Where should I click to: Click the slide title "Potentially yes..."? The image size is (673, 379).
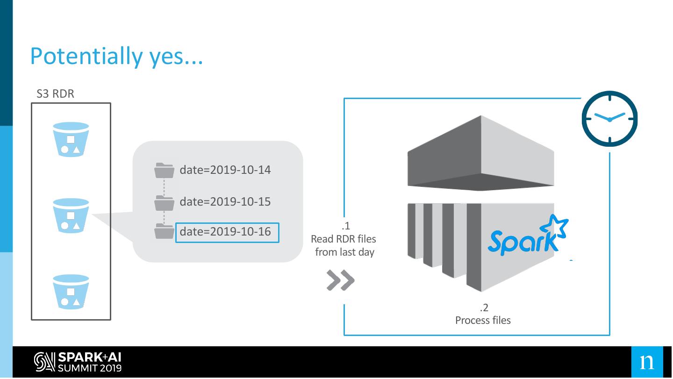(x=116, y=57)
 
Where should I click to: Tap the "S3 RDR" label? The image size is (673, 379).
(x=55, y=93)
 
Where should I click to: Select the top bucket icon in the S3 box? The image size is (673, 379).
(x=71, y=139)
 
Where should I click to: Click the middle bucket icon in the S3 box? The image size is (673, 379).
(x=71, y=216)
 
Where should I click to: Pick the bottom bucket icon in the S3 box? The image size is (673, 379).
(x=71, y=292)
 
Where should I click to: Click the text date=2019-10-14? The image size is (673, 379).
(x=225, y=170)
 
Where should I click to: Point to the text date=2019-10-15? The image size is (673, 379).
(x=225, y=202)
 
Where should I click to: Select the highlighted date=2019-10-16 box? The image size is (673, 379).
(x=227, y=232)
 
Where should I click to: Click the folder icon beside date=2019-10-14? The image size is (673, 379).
(x=164, y=171)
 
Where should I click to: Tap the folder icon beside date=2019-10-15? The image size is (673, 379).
(x=164, y=203)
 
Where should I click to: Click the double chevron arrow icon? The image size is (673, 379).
(x=341, y=280)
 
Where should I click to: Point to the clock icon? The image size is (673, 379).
(x=609, y=119)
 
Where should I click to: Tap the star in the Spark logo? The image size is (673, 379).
(x=556, y=227)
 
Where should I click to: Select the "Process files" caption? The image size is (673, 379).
(x=483, y=321)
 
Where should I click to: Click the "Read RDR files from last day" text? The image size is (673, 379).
(x=344, y=245)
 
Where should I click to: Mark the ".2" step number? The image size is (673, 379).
(x=484, y=307)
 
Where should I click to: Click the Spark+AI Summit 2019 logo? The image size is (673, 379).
(x=78, y=363)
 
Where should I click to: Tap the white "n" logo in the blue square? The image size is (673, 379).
(x=647, y=362)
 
